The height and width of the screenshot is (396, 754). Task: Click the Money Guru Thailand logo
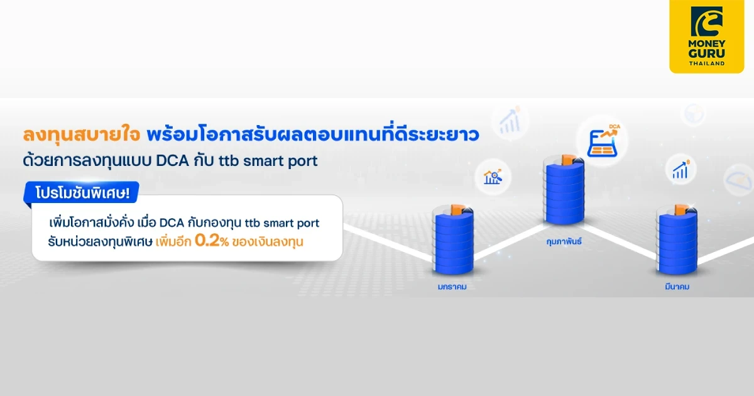tap(707, 36)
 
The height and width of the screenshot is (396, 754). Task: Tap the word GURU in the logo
tap(707, 54)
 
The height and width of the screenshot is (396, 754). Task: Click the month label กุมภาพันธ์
tap(563, 240)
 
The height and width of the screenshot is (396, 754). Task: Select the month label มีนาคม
tap(677, 287)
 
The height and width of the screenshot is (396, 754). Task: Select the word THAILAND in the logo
tap(707, 63)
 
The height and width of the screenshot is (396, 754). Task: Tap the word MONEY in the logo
tap(707, 44)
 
